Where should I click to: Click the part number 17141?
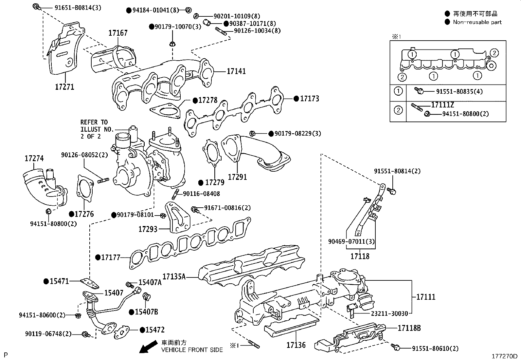(x=236, y=71)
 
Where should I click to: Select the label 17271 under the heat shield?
(x=64, y=87)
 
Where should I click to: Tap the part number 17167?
(x=118, y=33)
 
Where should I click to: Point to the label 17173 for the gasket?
(x=309, y=99)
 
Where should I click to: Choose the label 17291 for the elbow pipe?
(x=237, y=177)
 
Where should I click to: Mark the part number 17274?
(x=34, y=159)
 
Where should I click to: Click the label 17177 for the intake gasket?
(x=111, y=257)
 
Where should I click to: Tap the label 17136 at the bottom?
(x=296, y=345)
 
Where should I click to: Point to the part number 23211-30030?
(x=389, y=313)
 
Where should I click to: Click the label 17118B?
(x=409, y=328)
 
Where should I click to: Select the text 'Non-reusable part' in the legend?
(x=477, y=22)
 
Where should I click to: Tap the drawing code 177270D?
(x=504, y=356)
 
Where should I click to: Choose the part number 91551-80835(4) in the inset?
(x=455, y=91)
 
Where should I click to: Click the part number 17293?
(x=148, y=229)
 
